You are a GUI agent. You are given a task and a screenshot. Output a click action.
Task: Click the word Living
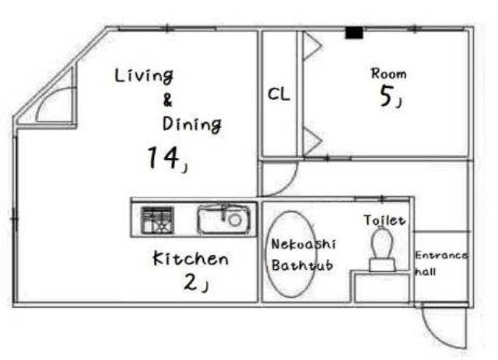(144, 76)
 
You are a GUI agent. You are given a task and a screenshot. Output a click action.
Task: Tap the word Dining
(192, 124)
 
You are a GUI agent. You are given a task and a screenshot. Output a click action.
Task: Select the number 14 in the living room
(163, 158)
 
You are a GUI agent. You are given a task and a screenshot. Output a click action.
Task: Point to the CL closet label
(279, 94)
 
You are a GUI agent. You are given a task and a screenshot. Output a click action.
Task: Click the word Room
(389, 74)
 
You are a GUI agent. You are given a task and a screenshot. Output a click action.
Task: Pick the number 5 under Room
(387, 96)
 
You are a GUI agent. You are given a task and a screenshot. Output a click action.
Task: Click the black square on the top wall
(354, 33)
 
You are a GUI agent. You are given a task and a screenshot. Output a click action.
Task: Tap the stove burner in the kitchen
(157, 220)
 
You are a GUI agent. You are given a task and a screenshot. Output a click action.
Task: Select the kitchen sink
(223, 219)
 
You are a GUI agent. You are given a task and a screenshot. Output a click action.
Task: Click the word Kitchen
(191, 258)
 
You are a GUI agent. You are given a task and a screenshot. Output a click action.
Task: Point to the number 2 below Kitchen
(191, 282)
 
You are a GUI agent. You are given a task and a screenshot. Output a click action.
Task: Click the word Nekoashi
(303, 244)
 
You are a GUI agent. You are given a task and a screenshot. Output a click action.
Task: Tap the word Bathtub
(302, 265)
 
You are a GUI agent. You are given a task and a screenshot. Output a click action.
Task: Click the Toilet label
(384, 220)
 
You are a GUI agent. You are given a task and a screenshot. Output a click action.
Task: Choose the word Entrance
(441, 255)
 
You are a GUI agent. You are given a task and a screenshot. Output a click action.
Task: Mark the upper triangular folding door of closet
(312, 46)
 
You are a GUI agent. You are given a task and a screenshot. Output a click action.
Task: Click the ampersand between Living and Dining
(167, 100)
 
